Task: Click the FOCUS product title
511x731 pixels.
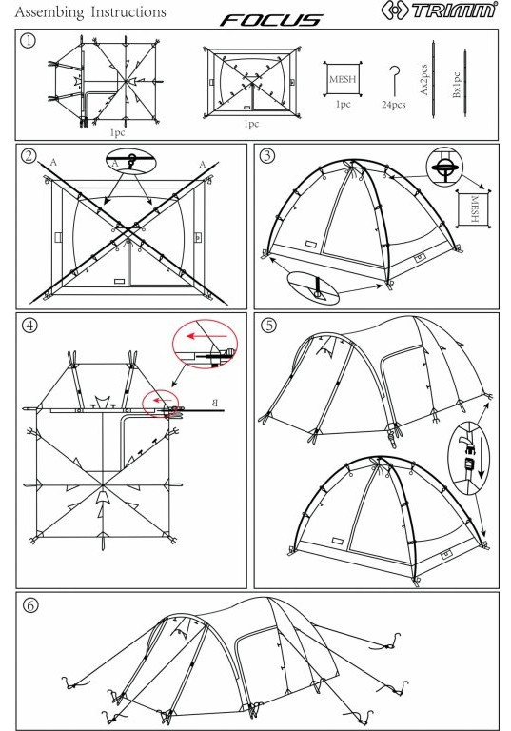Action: click(x=271, y=20)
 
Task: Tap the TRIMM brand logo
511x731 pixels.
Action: click(x=440, y=10)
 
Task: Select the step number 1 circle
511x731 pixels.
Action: click(x=28, y=41)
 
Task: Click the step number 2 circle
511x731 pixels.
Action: click(x=29, y=156)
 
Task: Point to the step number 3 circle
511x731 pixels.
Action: click(x=266, y=156)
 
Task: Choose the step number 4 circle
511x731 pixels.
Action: click(x=29, y=325)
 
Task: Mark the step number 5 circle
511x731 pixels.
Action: click(x=269, y=325)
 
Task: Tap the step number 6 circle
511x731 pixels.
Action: click(x=30, y=605)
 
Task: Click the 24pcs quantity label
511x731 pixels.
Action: click(x=394, y=105)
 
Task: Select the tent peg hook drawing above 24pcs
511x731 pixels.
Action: click(x=395, y=80)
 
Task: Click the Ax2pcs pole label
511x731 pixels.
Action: click(x=423, y=79)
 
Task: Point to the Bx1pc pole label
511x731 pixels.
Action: click(x=457, y=85)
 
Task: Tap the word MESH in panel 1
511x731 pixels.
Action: click(x=343, y=79)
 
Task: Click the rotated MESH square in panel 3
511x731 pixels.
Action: click(x=473, y=208)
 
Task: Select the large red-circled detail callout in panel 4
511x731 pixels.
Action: click(x=205, y=344)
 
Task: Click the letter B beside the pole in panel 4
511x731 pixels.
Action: click(x=214, y=403)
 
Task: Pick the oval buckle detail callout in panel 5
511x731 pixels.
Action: click(x=468, y=458)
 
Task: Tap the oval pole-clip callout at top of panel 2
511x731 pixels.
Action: click(x=131, y=161)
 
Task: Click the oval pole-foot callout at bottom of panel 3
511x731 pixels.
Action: click(x=313, y=288)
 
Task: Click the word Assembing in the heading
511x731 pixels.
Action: click(x=49, y=12)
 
